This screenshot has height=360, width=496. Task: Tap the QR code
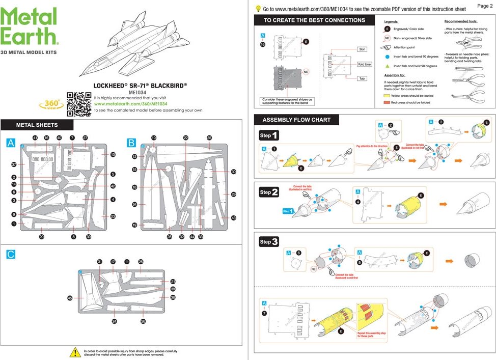click(x=79, y=103)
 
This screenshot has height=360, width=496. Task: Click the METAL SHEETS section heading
click(x=37, y=125)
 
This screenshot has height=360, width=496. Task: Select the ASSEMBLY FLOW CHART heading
click(x=296, y=120)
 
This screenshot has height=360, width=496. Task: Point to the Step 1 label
click(x=269, y=135)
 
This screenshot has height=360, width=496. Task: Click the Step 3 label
click(x=269, y=242)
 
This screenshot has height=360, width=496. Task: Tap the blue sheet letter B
click(x=131, y=143)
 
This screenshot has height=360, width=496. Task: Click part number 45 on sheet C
click(x=70, y=298)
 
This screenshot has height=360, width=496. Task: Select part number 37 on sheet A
click(x=14, y=164)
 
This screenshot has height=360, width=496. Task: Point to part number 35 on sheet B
click(x=209, y=138)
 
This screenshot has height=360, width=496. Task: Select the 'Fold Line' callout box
click(x=365, y=65)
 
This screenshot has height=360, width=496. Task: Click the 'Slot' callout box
click(x=362, y=49)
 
